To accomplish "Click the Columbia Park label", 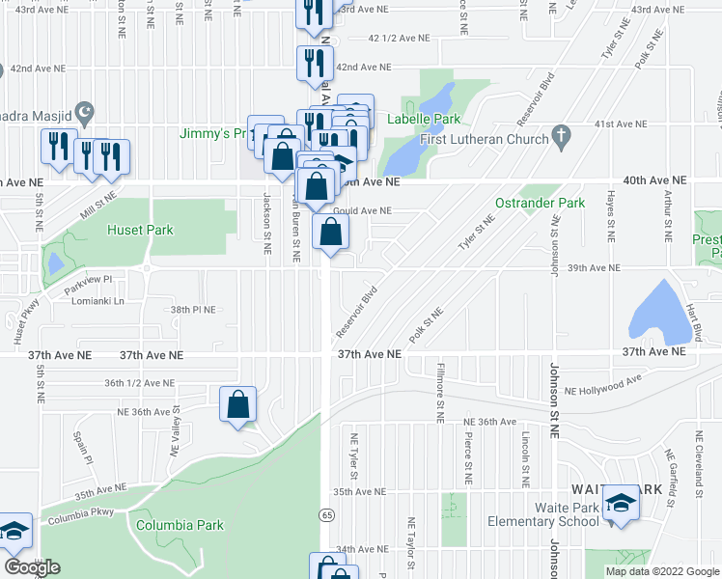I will coord(180,526).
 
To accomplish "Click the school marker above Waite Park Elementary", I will coord(620,503).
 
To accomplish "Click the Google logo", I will coord(32,567).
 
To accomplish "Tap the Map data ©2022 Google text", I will coord(661,571).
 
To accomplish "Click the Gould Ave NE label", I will coord(362,210).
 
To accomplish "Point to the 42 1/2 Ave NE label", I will coord(399,39).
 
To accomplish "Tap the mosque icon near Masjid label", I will coord(84,111).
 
